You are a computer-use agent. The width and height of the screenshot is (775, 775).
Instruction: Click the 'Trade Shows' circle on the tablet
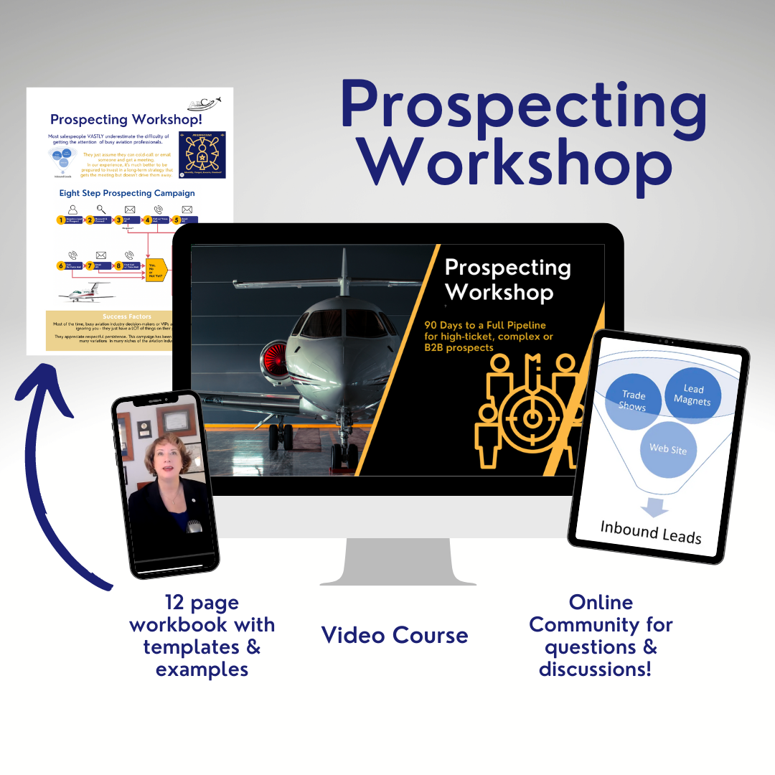634,400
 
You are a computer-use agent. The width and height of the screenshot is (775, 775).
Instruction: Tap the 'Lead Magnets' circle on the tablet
692,395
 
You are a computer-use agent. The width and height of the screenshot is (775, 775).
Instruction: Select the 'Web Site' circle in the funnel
668,449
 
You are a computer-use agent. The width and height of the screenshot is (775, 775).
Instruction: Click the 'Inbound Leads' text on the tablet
651,532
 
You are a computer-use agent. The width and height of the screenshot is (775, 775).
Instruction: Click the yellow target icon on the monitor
532,416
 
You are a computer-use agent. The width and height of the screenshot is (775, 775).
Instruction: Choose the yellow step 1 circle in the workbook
61,220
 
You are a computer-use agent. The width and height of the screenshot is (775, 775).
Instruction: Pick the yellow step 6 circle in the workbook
61,266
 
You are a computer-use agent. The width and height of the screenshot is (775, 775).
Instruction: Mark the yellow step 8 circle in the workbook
118,266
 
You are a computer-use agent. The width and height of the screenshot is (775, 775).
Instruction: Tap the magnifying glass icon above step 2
100,209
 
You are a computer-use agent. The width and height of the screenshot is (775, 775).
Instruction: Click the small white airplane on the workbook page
86,293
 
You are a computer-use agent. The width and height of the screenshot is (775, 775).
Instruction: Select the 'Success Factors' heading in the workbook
125,316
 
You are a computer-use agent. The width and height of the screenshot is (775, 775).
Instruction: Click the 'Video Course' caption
395,635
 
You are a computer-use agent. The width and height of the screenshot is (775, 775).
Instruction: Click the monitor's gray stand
398,560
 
